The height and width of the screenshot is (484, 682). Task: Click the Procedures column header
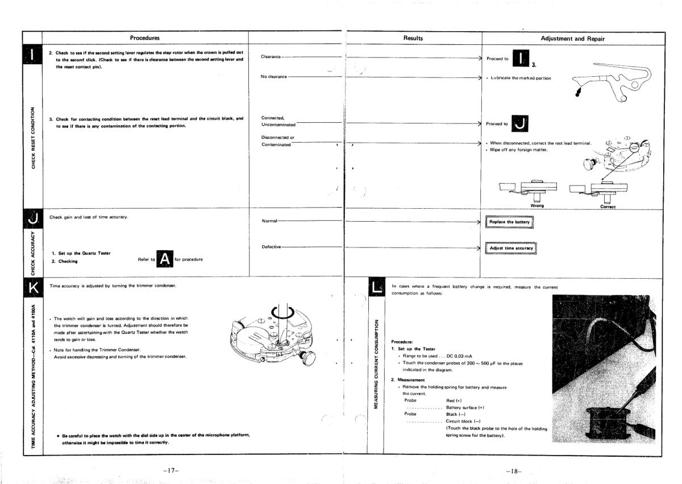[x=144, y=38]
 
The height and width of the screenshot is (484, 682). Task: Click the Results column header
[x=413, y=38]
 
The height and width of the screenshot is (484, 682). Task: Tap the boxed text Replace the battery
[x=509, y=222]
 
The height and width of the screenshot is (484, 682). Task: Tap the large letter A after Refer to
[x=164, y=259]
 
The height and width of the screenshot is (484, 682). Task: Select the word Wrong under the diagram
[x=537, y=205]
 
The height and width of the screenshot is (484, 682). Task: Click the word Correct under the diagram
[x=608, y=206]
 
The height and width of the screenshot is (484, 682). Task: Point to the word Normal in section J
[x=269, y=221]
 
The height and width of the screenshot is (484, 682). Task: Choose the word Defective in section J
[x=272, y=247]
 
